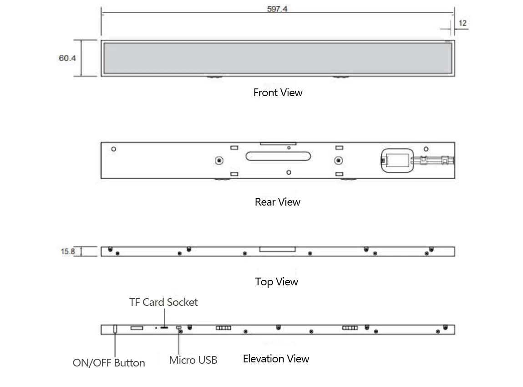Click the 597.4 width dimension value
[277, 9]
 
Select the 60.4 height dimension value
[67, 58]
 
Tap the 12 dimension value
[462, 23]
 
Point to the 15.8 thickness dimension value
[68, 252]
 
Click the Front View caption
[278, 93]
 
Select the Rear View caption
[278, 201]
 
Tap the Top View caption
[276, 282]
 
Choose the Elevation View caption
[276, 359]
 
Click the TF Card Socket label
[163, 302]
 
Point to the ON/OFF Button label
[109, 363]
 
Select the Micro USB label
[193, 360]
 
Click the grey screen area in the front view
[278, 58]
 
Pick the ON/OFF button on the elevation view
[115, 329]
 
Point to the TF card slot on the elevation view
[164, 328]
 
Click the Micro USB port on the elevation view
[178, 327]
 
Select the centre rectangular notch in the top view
[278, 249]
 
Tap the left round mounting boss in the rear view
[219, 160]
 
